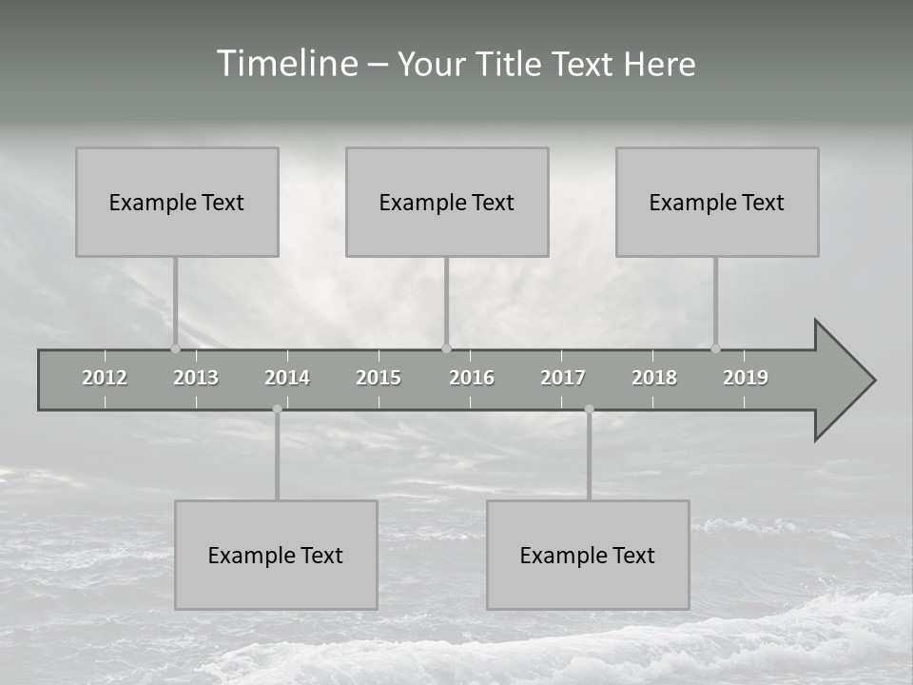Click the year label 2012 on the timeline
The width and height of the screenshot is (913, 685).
pyautogui.click(x=105, y=378)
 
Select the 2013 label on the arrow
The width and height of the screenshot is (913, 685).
pyautogui.click(x=196, y=378)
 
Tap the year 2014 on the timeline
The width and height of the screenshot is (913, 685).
pyautogui.click(x=287, y=378)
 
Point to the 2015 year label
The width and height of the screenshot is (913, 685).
pyautogui.click(x=379, y=378)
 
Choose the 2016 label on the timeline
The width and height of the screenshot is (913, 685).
pyautogui.click(x=472, y=378)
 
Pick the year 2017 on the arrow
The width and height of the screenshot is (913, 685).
pyautogui.click(x=563, y=378)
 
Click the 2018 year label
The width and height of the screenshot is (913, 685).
pyautogui.click(x=654, y=378)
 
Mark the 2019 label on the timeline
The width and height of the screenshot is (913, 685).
pyautogui.click(x=746, y=378)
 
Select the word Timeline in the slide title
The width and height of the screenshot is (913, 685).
pyautogui.click(x=285, y=64)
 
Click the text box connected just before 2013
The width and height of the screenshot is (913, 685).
pyautogui.click(x=177, y=202)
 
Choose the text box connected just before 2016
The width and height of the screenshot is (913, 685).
pyautogui.click(x=447, y=202)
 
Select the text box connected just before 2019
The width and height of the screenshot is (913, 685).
pyautogui.click(x=717, y=202)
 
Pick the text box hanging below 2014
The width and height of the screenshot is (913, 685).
pyautogui.click(x=276, y=555)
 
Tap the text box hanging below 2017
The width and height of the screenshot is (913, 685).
pyautogui.click(x=588, y=555)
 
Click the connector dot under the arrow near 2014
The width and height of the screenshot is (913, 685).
pyautogui.click(x=277, y=409)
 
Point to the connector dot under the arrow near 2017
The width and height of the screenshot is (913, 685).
pyautogui.click(x=589, y=409)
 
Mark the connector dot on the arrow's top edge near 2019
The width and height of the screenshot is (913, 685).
pyautogui.click(x=715, y=348)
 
